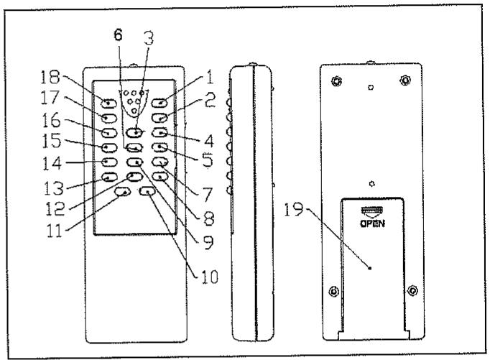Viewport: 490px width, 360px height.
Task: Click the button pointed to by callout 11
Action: pyautogui.click(x=122, y=192)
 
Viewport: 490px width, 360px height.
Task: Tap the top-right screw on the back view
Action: pyautogui.click(x=405, y=79)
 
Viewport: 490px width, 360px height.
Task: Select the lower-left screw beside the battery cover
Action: pyautogui.click(x=332, y=291)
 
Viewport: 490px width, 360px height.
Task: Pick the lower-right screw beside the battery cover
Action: pyautogui.click(x=412, y=291)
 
